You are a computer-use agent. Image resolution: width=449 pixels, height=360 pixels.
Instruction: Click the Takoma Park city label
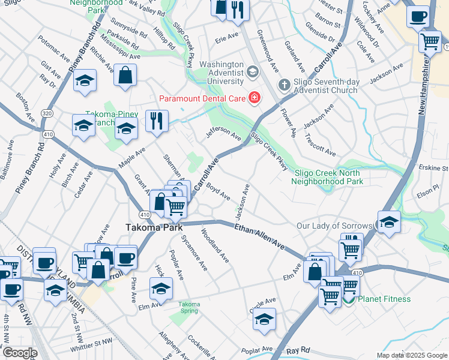tap(150, 227)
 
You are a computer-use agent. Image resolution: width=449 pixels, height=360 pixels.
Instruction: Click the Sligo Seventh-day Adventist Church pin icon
tap(283, 86)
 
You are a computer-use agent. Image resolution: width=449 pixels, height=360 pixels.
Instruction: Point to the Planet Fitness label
tap(384, 299)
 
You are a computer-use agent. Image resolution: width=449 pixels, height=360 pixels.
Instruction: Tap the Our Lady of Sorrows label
tap(336, 226)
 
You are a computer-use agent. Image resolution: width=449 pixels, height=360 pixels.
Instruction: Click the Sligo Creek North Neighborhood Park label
tap(329, 176)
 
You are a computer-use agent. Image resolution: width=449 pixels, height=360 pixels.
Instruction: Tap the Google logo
tap(19, 353)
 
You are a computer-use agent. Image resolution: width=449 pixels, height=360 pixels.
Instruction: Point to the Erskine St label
tap(434, 167)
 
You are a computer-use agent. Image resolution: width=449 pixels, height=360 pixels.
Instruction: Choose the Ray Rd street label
tap(297, 350)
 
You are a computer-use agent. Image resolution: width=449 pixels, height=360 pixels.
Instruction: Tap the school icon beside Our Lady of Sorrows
tap(389, 222)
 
